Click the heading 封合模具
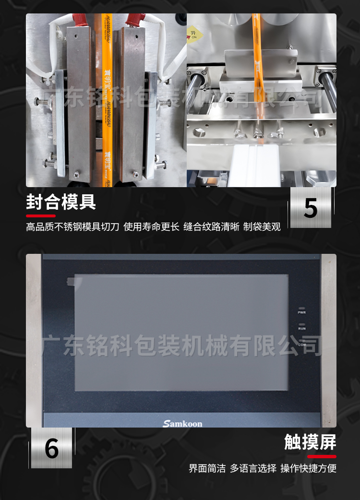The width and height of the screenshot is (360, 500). [x=61, y=202]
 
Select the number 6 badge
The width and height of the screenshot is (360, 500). [x=51, y=448]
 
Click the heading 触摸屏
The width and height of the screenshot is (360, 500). [x=310, y=442]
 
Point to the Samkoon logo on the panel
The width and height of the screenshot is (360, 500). [x=182, y=423]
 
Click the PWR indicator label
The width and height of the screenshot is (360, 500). [x=302, y=312]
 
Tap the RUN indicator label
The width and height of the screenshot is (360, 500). [x=302, y=329]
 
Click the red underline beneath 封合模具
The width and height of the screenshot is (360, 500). [x=41, y=216]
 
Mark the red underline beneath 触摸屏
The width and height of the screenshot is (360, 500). [x=322, y=456]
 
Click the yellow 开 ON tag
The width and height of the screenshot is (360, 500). [x=193, y=34]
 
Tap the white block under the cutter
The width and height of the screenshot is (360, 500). [x=255, y=166]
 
